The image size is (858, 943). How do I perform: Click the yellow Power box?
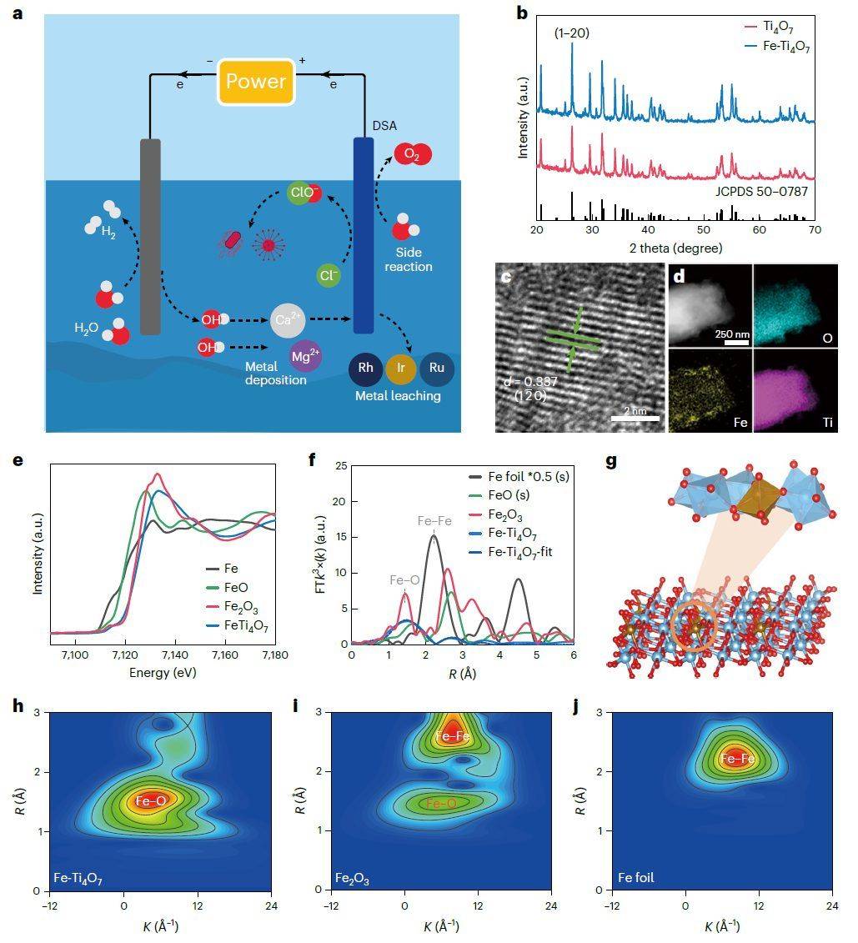pyautogui.click(x=256, y=82)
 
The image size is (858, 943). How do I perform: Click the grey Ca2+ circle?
pyautogui.click(x=288, y=320)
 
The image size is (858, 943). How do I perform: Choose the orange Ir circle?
pyautogui.click(x=401, y=368)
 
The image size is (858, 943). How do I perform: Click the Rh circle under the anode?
pyautogui.click(x=365, y=368)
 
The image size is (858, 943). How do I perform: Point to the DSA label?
pyautogui.click(x=384, y=126)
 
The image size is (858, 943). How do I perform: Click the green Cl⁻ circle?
pyautogui.click(x=329, y=274)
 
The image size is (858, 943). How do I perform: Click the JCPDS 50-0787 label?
pyautogui.click(x=760, y=191)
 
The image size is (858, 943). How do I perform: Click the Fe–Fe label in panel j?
pyautogui.click(x=738, y=759)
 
